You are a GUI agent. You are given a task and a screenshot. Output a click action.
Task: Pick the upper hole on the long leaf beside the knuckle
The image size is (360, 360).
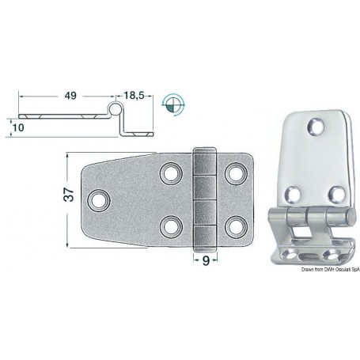click(170, 172)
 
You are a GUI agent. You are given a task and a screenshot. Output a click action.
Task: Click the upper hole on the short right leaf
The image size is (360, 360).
click(234, 172)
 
